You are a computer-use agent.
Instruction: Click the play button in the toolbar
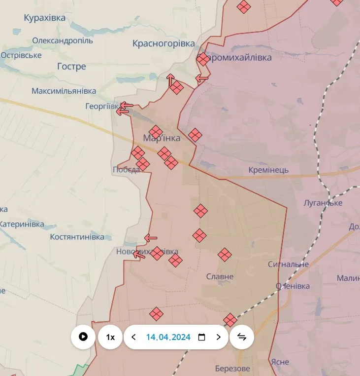83,337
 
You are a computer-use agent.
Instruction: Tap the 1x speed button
110,337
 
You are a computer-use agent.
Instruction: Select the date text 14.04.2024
168,337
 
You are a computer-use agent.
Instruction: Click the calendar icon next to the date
201,337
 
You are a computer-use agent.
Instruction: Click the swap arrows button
242,337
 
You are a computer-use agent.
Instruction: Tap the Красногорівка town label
164,43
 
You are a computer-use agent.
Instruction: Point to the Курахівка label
44,18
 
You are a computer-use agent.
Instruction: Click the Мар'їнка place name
162,138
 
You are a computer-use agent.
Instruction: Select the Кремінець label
268,170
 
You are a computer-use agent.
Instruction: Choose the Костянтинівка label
77,237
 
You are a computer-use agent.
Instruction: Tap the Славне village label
220,276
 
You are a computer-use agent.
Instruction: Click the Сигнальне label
288,264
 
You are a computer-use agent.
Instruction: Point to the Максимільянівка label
64,91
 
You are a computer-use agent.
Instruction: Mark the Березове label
232,369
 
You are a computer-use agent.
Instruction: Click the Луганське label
323,203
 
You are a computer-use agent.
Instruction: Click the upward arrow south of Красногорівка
170,79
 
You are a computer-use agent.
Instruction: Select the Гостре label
71,66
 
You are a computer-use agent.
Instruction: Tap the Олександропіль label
63,40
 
